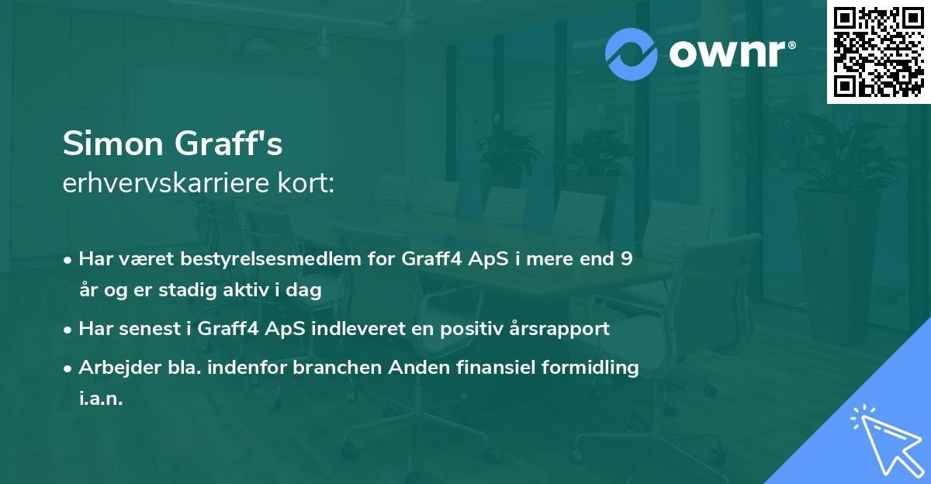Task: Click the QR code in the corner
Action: tap(879, 51)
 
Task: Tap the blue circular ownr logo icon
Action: tap(631, 54)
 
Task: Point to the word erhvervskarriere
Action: tap(161, 184)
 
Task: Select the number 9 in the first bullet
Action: tap(626, 259)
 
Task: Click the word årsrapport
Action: tap(559, 328)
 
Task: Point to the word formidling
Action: tap(592, 367)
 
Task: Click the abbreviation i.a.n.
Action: tap(101, 398)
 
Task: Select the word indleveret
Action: tap(353, 328)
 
